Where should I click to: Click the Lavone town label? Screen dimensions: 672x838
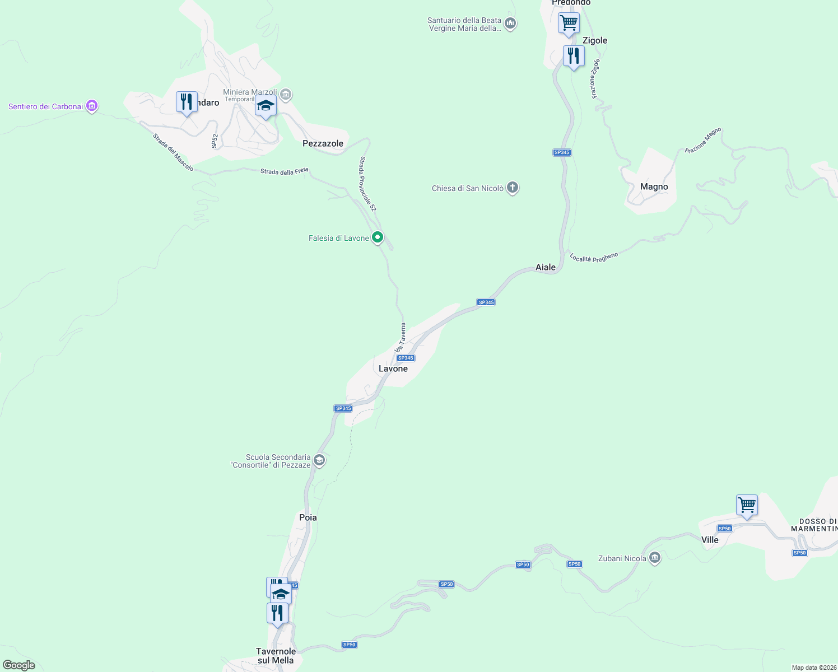(393, 368)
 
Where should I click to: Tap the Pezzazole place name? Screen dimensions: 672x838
(323, 143)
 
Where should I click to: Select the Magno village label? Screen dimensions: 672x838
(654, 187)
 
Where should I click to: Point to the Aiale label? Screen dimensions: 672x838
(546, 267)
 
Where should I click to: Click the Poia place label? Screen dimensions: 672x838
(308, 517)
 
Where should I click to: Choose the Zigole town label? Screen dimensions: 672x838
(595, 40)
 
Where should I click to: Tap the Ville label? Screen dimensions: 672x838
(710, 540)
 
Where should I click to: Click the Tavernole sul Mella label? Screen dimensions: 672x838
(276, 656)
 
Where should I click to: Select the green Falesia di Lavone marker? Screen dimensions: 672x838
(378, 238)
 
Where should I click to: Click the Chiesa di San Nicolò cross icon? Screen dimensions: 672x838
(513, 188)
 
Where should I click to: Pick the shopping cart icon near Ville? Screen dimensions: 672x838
(747, 505)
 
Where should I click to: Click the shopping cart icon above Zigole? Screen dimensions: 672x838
(569, 23)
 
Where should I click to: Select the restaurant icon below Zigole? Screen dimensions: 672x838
(574, 56)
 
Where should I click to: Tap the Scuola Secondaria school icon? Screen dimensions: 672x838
(319, 460)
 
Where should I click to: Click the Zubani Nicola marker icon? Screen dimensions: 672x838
(655, 558)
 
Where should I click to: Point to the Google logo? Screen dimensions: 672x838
(18, 665)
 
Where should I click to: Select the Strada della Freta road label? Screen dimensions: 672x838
(284, 171)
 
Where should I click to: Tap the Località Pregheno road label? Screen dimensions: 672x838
(594, 257)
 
